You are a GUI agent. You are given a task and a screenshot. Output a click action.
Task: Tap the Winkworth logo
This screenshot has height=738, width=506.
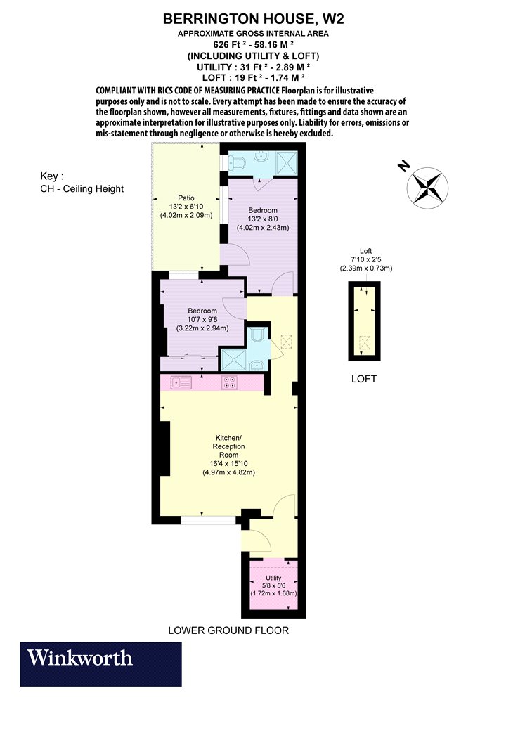point(100,663)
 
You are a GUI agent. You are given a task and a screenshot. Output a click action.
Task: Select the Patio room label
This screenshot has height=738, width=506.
point(186,198)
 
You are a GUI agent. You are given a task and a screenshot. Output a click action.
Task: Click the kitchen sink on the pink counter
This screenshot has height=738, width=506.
point(181,383)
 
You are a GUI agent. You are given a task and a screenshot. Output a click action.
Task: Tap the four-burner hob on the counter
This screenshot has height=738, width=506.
point(230,382)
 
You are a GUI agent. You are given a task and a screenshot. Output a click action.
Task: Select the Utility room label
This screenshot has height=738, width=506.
point(273,578)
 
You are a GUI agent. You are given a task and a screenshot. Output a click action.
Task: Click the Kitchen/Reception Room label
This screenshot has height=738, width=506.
point(229,446)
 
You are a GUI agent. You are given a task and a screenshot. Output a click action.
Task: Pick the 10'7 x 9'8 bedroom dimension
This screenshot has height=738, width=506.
point(202,320)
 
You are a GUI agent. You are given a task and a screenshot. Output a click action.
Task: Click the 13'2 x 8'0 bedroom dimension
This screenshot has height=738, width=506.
point(263,219)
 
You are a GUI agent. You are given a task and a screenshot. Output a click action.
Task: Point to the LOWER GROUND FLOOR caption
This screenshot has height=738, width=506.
point(228,630)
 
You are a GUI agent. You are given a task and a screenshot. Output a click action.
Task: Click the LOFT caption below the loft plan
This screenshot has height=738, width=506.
point(364,378)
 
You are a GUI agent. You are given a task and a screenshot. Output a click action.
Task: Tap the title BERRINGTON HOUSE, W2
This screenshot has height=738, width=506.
point(253,19)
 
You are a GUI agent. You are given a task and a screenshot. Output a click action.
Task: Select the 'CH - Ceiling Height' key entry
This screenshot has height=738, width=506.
point(82,189)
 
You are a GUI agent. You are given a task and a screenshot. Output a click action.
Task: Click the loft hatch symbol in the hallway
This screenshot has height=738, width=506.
point(286,341)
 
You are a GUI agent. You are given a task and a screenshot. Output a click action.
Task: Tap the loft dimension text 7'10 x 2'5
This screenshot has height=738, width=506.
point(365,259)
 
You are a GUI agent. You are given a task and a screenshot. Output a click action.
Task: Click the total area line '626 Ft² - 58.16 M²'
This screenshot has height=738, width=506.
point(253,45)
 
